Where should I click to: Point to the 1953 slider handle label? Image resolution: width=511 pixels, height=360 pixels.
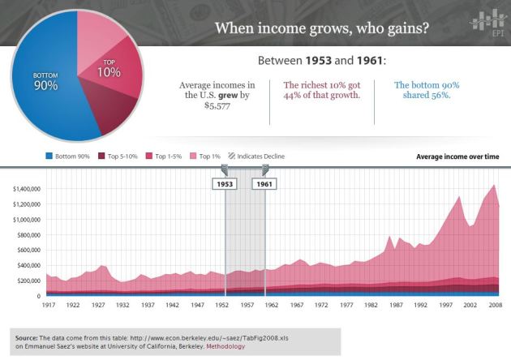point(225,183)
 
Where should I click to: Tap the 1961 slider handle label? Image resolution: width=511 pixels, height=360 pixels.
point(264,183)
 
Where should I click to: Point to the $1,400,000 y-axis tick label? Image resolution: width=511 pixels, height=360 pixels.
point(27,189)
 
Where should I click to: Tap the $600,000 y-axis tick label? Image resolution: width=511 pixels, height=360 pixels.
point(29,250)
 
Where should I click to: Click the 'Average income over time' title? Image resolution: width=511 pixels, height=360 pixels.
point(457,156)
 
